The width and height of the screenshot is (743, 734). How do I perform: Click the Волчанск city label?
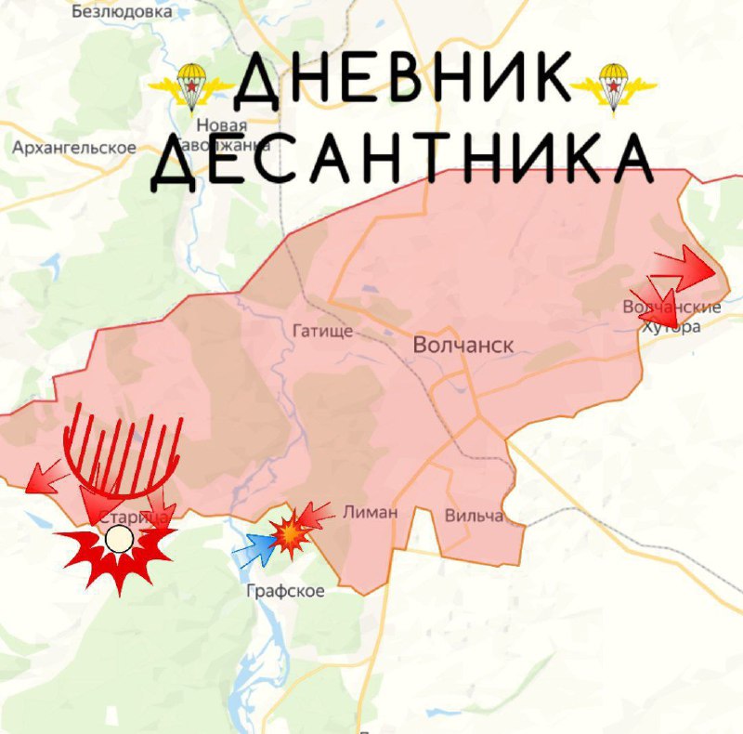point(463,346)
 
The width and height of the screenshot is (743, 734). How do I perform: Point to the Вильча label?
point(474,516)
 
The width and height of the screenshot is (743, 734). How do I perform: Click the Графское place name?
point(285,591)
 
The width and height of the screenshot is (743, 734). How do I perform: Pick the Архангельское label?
point(74,148)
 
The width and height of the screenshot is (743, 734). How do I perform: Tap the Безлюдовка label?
point(122,13)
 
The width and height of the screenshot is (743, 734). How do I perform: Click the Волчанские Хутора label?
point(671,316)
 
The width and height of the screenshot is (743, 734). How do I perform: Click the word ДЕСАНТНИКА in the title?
point(401,160)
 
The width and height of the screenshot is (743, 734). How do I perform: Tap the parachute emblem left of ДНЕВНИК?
point(191,85)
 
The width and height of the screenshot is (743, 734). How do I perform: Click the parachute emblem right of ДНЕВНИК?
point(612,85)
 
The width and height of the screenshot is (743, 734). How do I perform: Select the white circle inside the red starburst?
point(118,539)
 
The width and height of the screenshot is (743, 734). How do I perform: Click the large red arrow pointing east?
point(685,269)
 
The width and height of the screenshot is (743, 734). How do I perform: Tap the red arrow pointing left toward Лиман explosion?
point(317,513)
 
